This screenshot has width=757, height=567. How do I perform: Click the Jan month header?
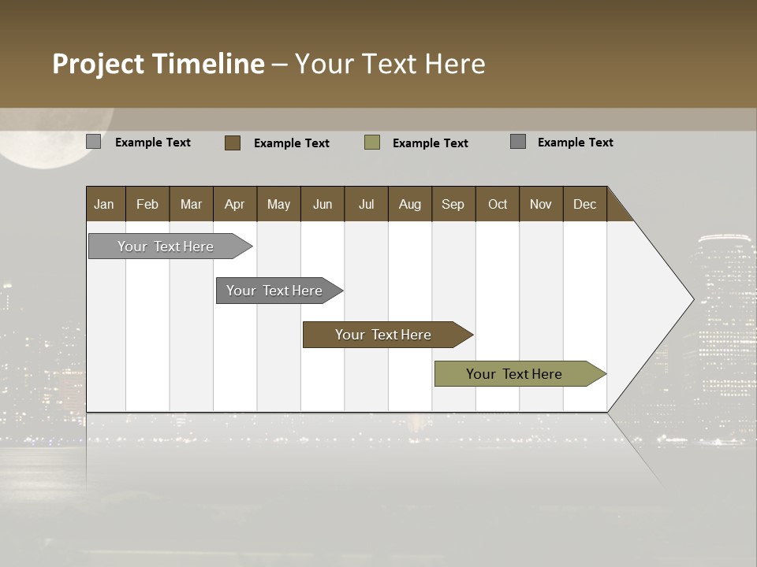tap(104, 204)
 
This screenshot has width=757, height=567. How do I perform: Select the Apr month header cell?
tap(234, 204)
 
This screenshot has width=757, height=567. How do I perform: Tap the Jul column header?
tap(366, 204)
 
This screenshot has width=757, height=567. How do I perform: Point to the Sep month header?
tap(453, 204)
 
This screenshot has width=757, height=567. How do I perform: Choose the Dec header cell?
tap(584, 204)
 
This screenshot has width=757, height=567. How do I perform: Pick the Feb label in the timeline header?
tap(147, 204)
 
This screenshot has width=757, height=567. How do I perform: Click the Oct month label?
tap(498, 204)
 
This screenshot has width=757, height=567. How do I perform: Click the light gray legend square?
tap(93, 142)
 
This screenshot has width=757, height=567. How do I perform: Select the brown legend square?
tap(232, 143)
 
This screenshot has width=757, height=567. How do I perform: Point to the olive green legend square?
tap(372, 143)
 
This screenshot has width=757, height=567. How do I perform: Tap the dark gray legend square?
tap(518, 142)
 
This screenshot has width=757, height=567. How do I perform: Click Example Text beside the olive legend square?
tap(430, 143)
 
